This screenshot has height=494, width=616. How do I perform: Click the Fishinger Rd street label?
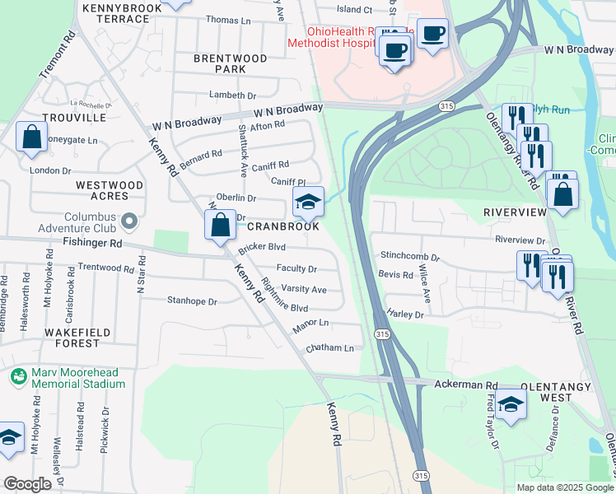point(92,244)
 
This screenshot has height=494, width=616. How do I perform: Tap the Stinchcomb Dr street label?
point(410,257)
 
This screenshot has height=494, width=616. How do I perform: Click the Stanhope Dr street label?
point(192,301)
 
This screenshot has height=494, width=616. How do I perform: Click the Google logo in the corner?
point(27,484)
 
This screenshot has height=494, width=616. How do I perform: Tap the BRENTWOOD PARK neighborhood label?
point(219,64)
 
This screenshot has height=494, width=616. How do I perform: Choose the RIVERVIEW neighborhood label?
point(515,212)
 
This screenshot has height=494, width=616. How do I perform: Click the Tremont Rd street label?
point(58,56)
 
